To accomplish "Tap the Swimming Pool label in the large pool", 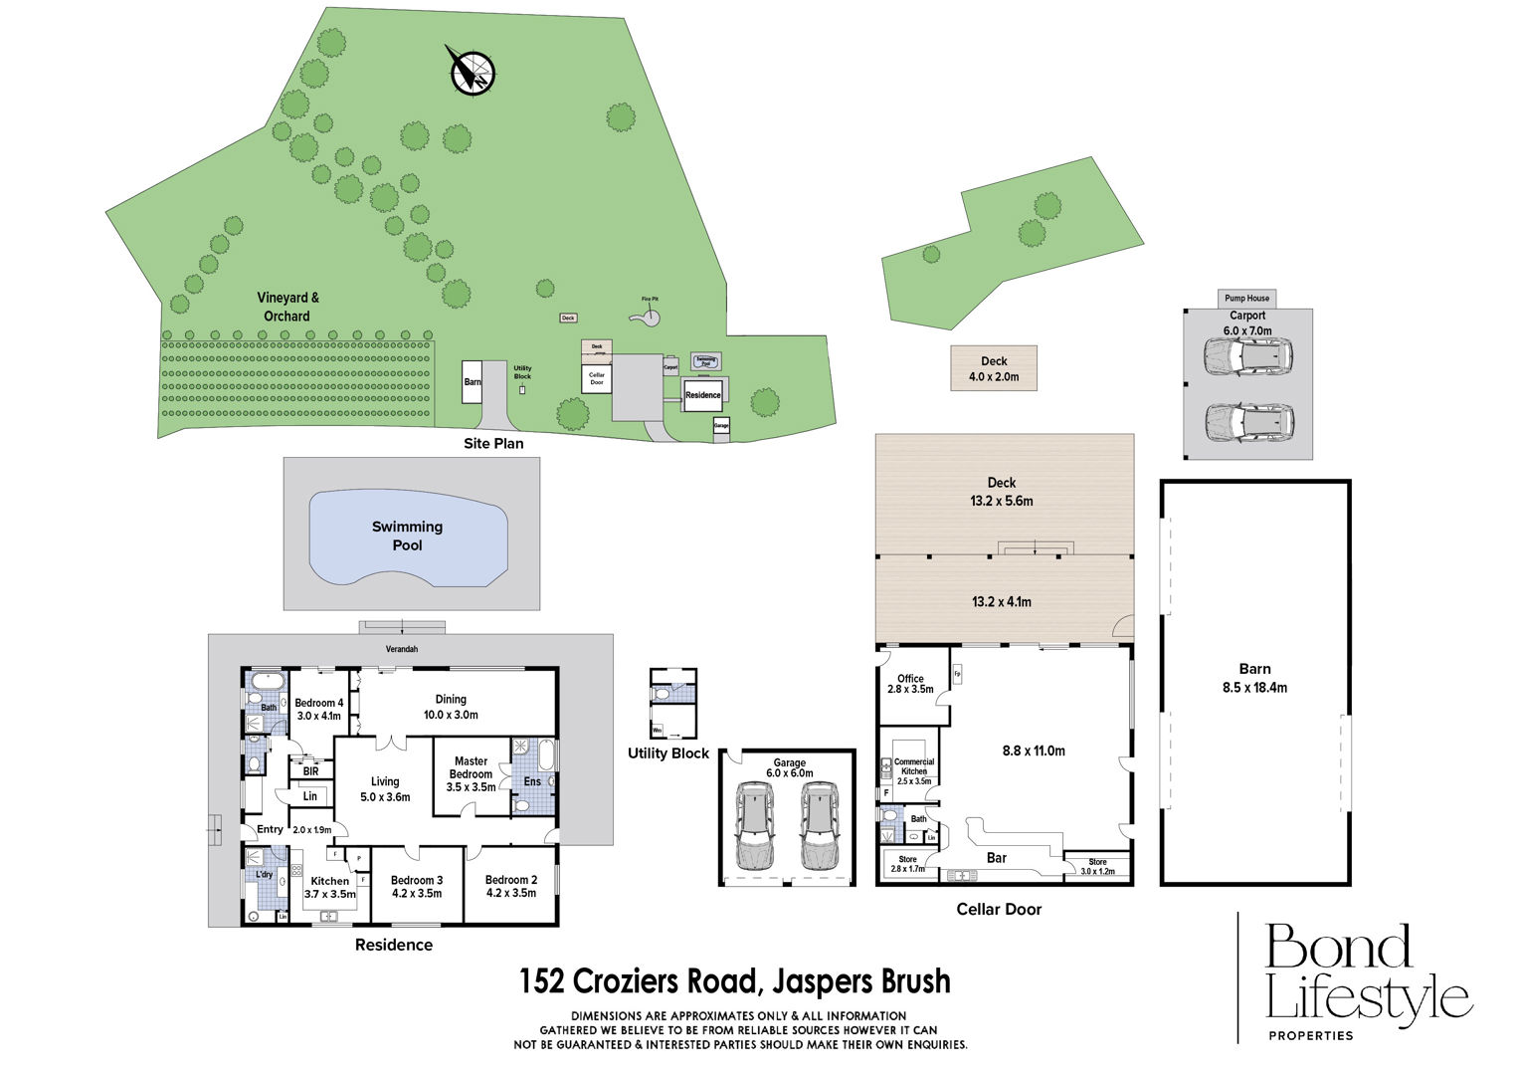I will (407, 536).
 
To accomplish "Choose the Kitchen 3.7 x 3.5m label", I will (329, 887).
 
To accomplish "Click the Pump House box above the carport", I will (1246, 298).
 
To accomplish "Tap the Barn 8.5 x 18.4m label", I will (1254, 678).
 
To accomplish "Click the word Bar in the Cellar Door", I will (996, 858).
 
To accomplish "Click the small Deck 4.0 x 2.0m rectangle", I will (994, 368).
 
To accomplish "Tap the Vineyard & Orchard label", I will (287, 307).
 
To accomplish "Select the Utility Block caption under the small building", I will (667, 753).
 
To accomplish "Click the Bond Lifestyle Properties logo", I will (1361, 980).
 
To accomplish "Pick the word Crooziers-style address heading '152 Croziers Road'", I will (735, 981).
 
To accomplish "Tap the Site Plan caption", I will (492, 443).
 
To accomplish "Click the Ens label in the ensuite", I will (532, 781).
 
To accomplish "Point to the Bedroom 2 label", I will (510, 886).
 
